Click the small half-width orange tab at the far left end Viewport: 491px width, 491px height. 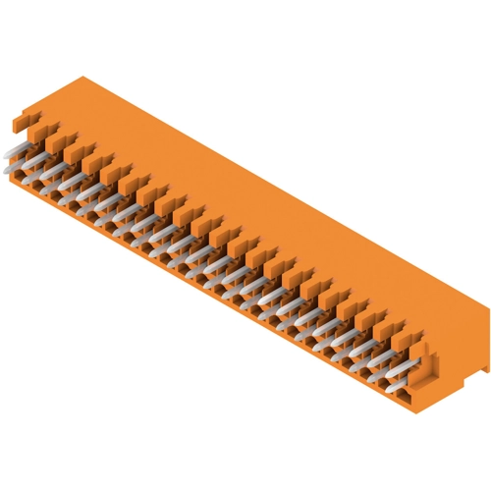tap(19, 122)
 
